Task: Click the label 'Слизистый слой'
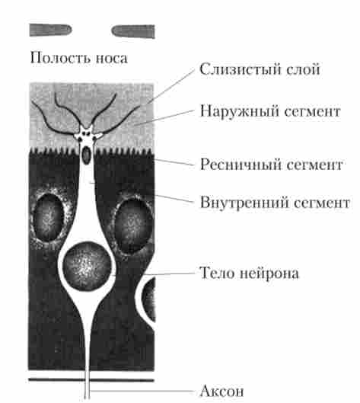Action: coord(260,69)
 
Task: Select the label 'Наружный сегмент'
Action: coord(270,111)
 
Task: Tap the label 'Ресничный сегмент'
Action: coord(271,164)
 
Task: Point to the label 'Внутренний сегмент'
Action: coord(275,203)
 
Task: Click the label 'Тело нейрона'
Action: coord(249,273)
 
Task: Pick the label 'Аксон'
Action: coord(221,391)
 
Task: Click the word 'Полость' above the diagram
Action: coord(60,58)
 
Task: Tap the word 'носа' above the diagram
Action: coord(111,59)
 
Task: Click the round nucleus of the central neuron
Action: coord(87,266)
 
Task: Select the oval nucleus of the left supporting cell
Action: coord(48,217)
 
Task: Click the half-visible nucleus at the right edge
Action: coord(148,299)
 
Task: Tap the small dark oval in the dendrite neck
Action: coord(86,155)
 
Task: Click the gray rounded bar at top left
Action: coord(50,30)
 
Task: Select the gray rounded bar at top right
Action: coord(133,31)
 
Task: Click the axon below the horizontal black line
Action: coord(88,390)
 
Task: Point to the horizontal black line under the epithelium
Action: coord(91,379)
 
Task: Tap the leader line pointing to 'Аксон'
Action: coord(142,391)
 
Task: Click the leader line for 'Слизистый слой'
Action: coord(170,87)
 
